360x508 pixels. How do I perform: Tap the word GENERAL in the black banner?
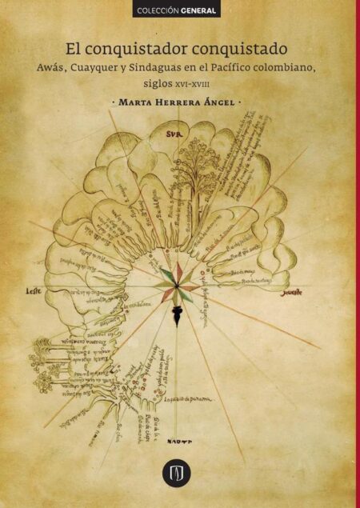point(198,12)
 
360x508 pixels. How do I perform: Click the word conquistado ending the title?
point(240,48)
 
